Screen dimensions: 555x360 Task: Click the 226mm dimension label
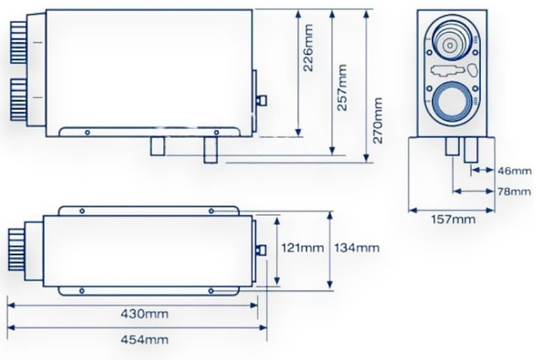coord(309,47)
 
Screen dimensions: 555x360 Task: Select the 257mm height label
coord(342,87)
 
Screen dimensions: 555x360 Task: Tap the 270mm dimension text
coord(377,121)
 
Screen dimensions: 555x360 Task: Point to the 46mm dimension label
coord(514,171)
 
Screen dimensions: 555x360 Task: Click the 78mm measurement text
coord(514,191)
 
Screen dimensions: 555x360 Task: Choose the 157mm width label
coord(453,219)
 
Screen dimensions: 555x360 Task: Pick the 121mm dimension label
coord(302,248)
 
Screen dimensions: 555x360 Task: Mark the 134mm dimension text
coord(357,248)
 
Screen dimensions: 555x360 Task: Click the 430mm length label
coord(144,314)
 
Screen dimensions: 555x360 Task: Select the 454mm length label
coord(144,340)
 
